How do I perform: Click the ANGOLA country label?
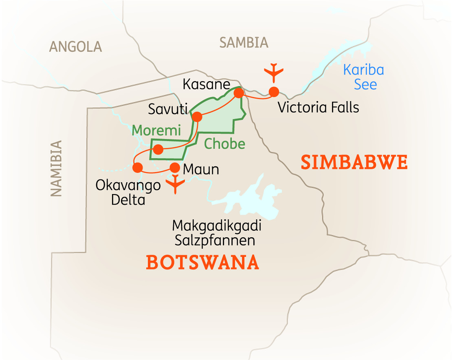tap(75, 47)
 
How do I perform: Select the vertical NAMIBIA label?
tap(57, 169)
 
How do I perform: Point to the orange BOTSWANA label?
tap(202, 263)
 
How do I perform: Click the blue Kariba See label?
tap(364, 77)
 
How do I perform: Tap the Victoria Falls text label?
tap(318, 108)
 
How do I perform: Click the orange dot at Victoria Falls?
tap(274, 92)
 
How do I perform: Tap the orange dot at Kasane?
tap(239, 93)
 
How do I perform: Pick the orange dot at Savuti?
tap(197, 117)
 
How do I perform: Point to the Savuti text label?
tap(167, 109)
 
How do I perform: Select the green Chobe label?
tap(224, 144)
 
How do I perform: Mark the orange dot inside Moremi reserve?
tap(158, 150)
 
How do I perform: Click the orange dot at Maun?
tap(175, 168)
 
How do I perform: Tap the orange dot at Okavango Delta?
tap(138, 167)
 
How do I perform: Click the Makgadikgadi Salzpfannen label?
tap(216, 233)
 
